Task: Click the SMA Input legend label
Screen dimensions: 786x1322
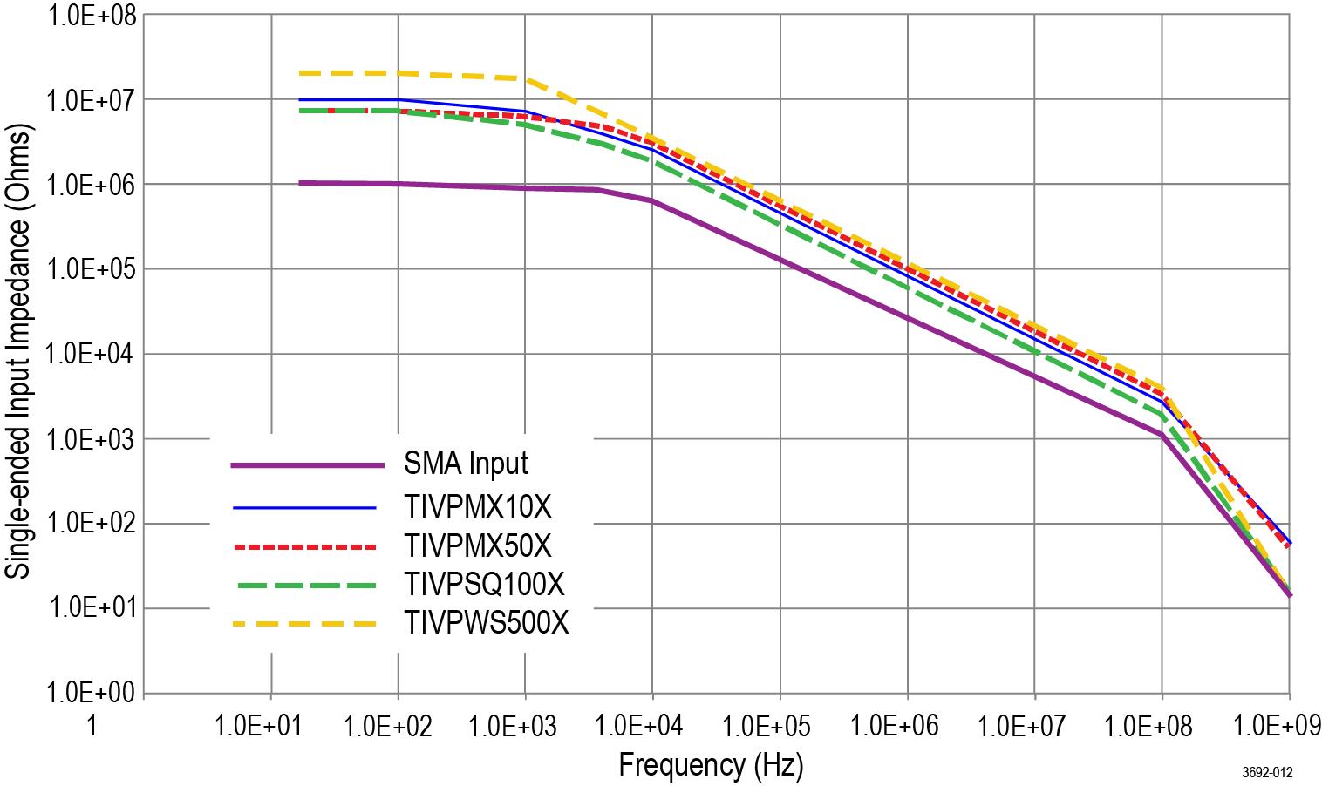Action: (x=466, y=463)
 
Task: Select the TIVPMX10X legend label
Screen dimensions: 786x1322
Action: (x=478, y=506)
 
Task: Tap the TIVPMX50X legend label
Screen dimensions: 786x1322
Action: (x=478, y=545)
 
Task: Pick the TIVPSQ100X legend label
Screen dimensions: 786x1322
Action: (x=485, y=583)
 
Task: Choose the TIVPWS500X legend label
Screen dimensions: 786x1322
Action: (x=487, y=623)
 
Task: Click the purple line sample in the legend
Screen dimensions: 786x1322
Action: (x=307, y=465)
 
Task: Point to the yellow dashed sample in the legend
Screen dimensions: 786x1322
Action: (x=304, y=624)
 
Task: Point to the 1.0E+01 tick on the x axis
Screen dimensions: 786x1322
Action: (x=256, y=725)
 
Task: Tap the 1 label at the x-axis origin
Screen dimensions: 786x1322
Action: (x=92, y=725)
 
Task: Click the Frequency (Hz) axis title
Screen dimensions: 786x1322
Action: (x=711, y=765)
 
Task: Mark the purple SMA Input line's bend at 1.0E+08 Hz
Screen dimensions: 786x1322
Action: (x=1162, y=435)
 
